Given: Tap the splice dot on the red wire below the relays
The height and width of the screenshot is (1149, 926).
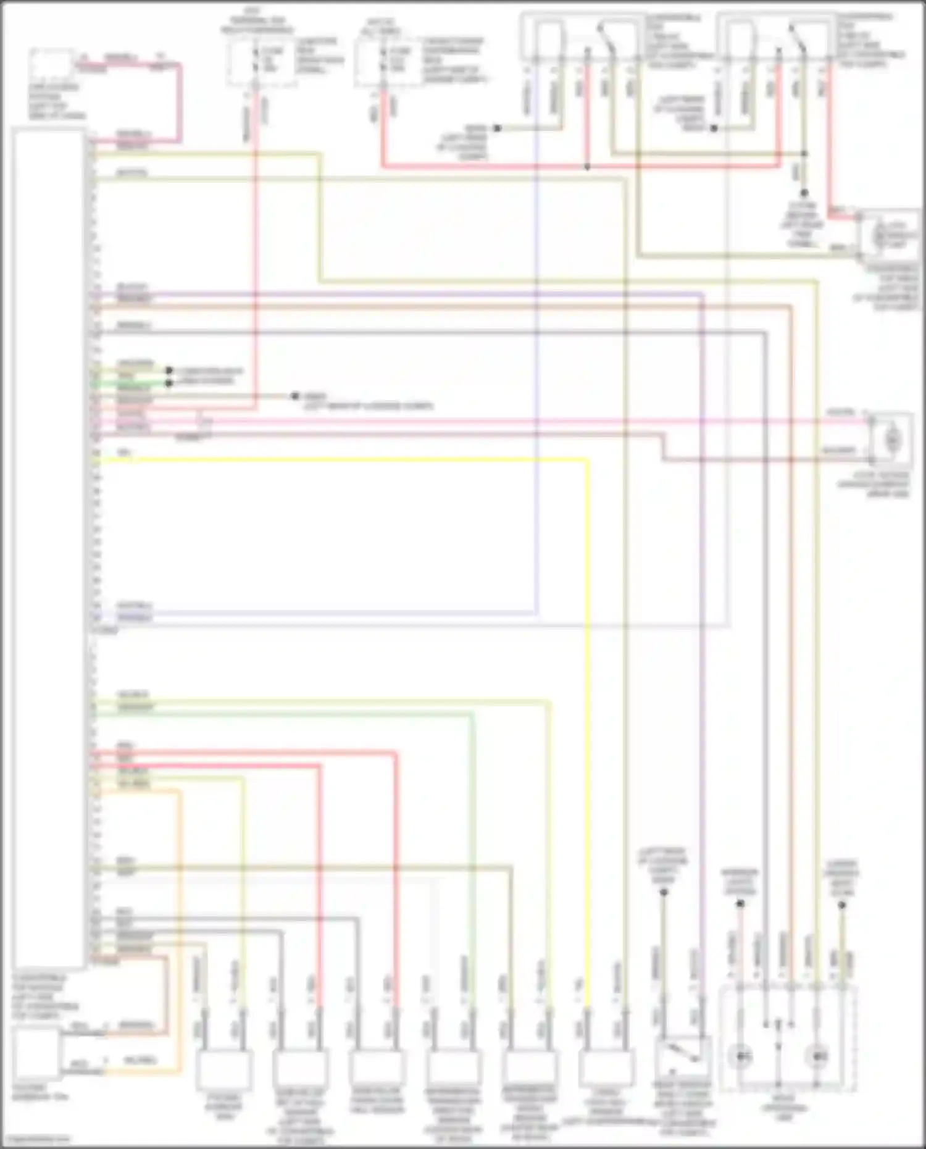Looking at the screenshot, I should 587,167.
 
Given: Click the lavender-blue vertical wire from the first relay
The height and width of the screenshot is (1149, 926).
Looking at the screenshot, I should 536,370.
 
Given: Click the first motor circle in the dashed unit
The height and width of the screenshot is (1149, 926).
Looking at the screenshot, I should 740,1056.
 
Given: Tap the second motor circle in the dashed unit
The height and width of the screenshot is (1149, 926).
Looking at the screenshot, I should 818,1056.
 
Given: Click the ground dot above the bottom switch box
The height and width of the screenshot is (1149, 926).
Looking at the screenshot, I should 664,892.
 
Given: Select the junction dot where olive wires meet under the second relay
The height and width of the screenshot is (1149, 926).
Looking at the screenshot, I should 804,154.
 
